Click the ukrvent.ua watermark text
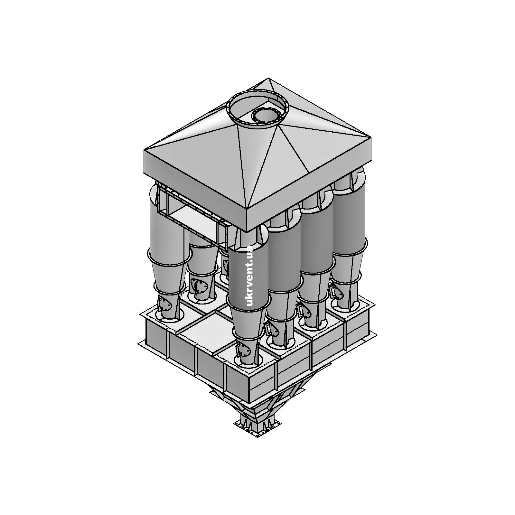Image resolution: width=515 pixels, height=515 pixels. [249, 276]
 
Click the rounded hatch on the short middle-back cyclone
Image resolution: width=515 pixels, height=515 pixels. [199, 286]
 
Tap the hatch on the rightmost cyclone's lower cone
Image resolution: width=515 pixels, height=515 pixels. [335, 293]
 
